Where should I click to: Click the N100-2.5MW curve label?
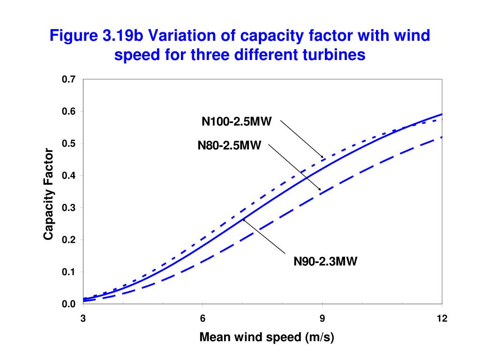tap(237, 122)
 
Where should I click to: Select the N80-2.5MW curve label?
tap(229, 146)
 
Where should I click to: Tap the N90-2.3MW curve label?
tap(325, 262)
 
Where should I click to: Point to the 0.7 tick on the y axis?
tap(68, 80)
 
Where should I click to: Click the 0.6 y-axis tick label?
tap(68, 112)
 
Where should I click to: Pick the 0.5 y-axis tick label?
tap(68, 144)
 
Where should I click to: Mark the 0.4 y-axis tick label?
tap(68, 176)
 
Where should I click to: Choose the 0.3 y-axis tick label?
tap(68, 208)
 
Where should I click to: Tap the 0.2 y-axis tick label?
tap(68, 240)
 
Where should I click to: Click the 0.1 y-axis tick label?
tap(68, 272)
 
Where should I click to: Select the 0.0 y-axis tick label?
tap(68, 304)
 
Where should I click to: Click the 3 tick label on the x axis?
tap(83, 319)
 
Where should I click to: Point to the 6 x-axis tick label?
tap(202, 319)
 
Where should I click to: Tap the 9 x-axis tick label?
tap(322, 319)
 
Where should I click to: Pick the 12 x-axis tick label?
tap(442, 319)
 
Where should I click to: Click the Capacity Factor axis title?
tap(48, 194)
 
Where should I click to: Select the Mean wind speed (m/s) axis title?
tap(267, 337)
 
